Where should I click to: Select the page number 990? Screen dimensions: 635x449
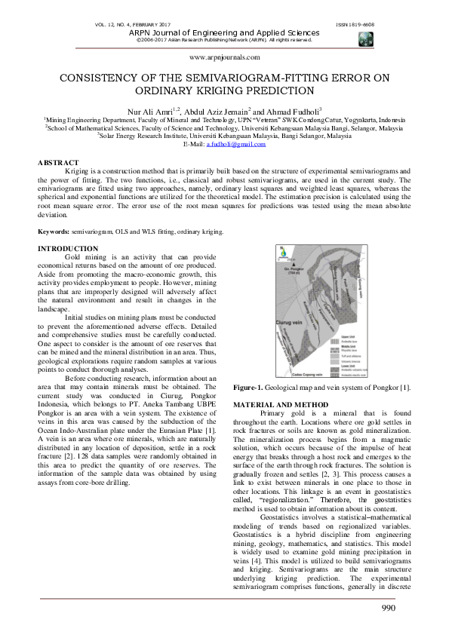pyautogui.click(x=410, y=609)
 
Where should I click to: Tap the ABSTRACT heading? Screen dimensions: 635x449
pyautogui.click(x=58, y=163)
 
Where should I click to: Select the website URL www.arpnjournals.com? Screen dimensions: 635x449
pyautogui.click(x=223, y=57)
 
